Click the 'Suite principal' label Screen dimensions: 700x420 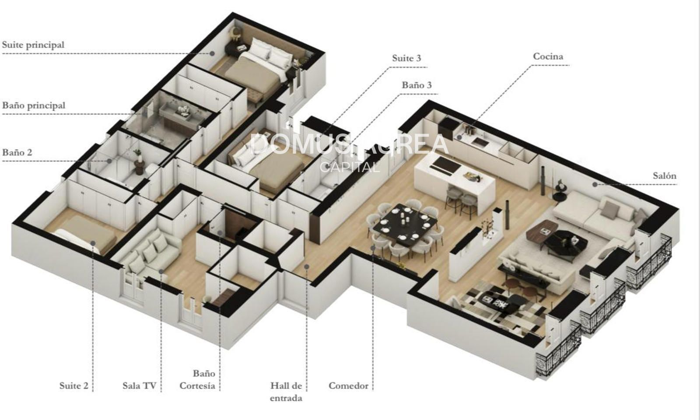point(33,45)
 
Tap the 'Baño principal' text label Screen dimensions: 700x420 point(34,106)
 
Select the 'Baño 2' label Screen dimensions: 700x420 point(17,152)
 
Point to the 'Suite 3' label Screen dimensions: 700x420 point(406,58)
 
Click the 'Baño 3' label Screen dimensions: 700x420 point(416,85)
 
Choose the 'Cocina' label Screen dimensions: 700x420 point(548,56)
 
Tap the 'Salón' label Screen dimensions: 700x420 point(665,176)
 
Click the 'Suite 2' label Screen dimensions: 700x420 point(74,385)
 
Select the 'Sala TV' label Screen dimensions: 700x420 point(139,385)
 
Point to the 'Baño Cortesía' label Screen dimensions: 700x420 point(197,380)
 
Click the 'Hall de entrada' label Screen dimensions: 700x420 point(286,392)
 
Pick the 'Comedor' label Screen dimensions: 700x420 point(348,385)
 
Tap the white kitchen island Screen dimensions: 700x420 point(455,181)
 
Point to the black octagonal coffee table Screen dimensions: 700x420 point(566,241)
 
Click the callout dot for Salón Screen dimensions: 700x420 point(595,184)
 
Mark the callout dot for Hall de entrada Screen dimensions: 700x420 point(307,267)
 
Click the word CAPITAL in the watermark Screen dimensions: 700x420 point(350,167)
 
